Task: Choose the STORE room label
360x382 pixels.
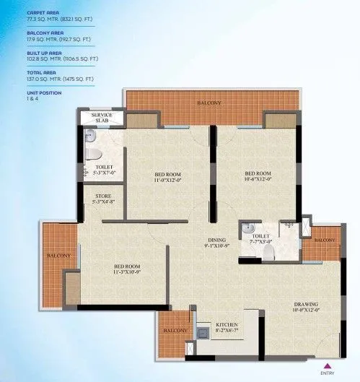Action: pyautogui.click(x=103, y=196)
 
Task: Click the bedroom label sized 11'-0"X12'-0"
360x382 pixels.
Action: pyautogui.click(x=167, y=178)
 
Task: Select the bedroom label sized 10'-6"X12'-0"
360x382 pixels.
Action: pyautogui.click(x=257, y=177)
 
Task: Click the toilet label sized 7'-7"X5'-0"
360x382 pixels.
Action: pyautogui.click(x=262, y=238)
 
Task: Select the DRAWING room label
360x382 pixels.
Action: pyautogui.click(x=306, y=308)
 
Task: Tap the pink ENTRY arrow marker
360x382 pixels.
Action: pyautogui.click(x=328, y=365)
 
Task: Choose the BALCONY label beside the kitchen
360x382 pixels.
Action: pyautogui.click(x=175, y=331)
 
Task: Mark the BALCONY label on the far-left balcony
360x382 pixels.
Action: pyautogui.click(x=59, y=256)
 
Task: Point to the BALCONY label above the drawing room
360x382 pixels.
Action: pyautogui.click(x=325, y=240)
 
